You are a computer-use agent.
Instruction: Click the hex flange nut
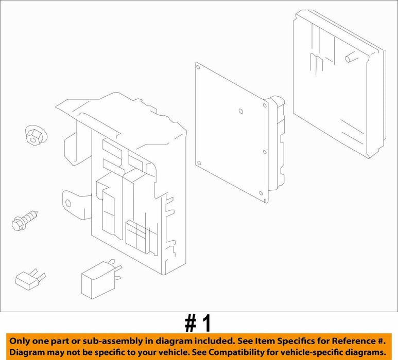pos(36,136)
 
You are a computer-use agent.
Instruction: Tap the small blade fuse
pos(30,279)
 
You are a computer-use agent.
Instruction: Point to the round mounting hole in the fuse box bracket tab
pos(68,203)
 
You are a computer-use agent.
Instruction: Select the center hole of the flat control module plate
pos(241,111)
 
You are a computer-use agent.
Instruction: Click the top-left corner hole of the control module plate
pos(198,67)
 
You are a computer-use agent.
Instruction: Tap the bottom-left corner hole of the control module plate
pos(199,163)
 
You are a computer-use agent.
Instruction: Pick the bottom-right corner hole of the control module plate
pos(261,193)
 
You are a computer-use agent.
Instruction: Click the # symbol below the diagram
pos(190,323)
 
